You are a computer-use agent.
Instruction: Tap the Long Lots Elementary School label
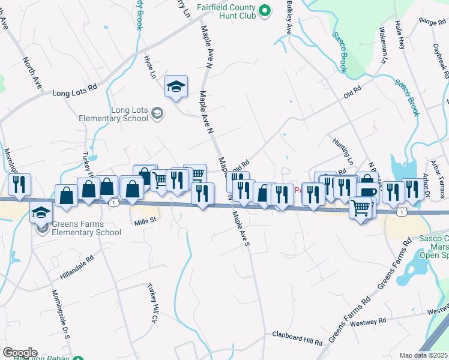(130, 113)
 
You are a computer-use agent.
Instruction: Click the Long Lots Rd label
(74, 93)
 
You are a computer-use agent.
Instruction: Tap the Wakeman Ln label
(382, 46)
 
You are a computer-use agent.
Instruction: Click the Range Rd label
(431, 22)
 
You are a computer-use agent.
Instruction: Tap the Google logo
(20, 353)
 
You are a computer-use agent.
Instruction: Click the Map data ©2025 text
(424, 355)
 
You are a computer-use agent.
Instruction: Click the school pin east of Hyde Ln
(176, 87)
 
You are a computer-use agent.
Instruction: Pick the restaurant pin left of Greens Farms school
(19, 186)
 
